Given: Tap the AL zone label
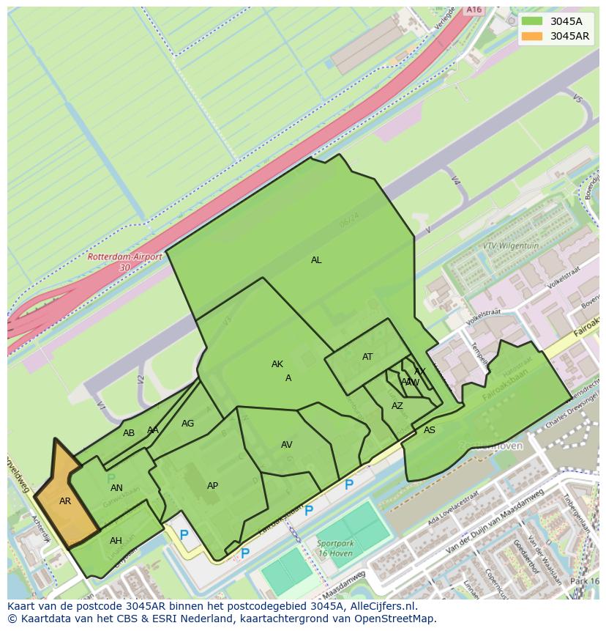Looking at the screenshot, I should (x=316, y=260).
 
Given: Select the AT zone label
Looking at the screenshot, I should (x=367, y=357).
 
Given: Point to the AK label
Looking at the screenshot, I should (x=277, y=364).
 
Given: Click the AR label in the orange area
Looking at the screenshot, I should (x=65, y=501).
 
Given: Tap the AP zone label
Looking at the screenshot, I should (x=212, y=486).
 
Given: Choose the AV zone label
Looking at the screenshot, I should (x=287, y=445).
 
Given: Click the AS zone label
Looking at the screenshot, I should (x=430, y=430).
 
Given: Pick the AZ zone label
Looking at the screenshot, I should (x=397, y=406).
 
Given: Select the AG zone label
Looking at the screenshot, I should (x=188, y=424).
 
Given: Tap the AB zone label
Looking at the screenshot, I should (x=129, y=433).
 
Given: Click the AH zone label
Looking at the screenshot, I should (x=116, y=541).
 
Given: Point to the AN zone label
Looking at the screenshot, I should (x=116, y=488).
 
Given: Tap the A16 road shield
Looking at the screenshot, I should (x=474, y=10).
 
